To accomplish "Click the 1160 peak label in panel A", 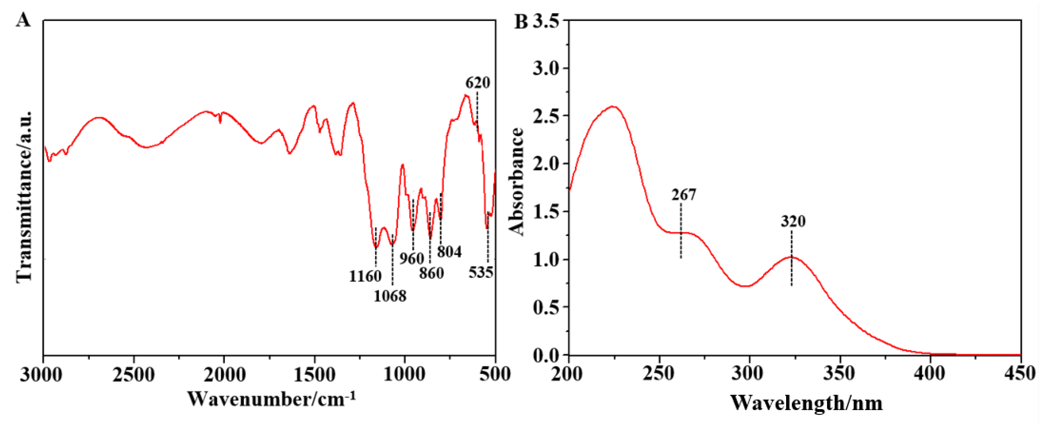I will tap(365, 276).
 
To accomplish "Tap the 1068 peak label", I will tap(390, 296).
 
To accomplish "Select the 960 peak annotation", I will tap(412, 258).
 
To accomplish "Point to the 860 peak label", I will tap(432, 273).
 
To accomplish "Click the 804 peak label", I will tap(449, 252).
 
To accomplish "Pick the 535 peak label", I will tap(481, 272).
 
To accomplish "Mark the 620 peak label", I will tap(477, 83).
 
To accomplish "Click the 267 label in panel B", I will tap(684, 195).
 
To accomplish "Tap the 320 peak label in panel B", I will tap(793, 221).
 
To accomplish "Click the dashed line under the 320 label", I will tap(792, 259).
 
